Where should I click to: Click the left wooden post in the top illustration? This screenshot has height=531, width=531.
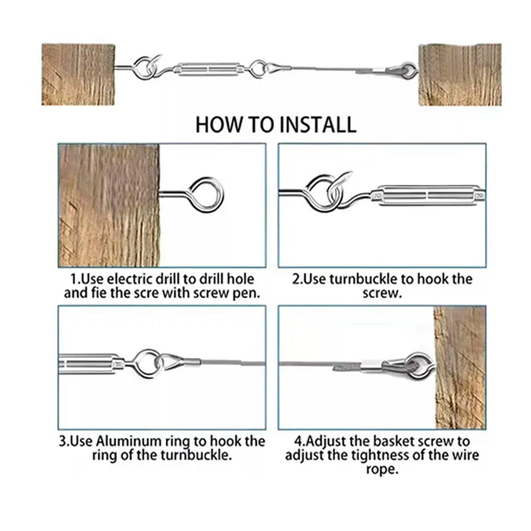(x=78, y=75)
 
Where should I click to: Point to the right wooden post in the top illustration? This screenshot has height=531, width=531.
(x=460, y=75)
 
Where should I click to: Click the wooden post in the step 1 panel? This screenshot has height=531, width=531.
(x=109, y=205)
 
